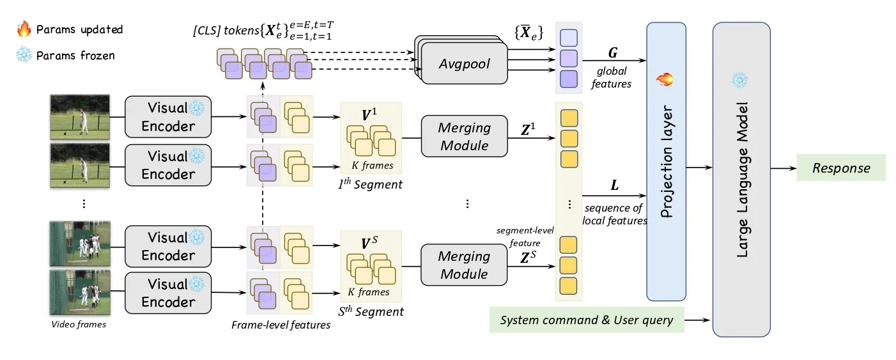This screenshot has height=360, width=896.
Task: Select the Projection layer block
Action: point(666,161)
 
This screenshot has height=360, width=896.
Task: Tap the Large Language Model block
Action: point(741,179)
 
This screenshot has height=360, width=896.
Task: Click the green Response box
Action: point(840,168)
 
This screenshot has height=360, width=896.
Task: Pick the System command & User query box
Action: point(586,320)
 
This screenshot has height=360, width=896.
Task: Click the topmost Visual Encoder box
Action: point(168,116)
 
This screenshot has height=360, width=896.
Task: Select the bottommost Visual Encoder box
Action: point(168,293)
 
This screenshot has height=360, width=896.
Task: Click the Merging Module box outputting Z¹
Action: point(464,137)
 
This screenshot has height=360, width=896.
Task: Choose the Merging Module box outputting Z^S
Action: point(464,265)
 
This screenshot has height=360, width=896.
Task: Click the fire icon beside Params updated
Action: point(24,29)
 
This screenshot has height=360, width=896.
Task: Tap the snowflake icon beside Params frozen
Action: point(24,55)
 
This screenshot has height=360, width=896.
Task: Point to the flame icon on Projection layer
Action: point(665,79)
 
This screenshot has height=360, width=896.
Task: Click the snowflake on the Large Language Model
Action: point(739,80)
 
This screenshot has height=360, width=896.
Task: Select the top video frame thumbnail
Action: point(80,116)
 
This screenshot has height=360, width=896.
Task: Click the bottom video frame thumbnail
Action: point(80,293)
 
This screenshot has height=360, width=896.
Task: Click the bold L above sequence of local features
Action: point(615,185)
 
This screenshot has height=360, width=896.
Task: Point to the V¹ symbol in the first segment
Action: point(369,115)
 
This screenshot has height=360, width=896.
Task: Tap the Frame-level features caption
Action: point(281,325)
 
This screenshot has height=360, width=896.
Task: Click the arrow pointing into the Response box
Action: point(783,169)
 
